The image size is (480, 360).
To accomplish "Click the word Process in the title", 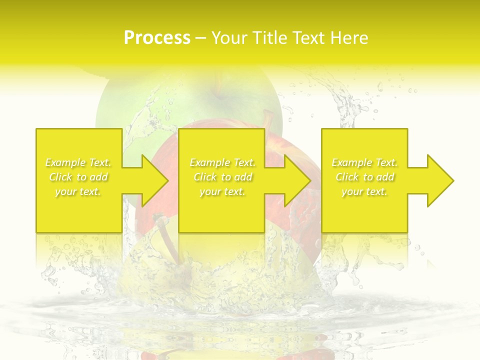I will (157, 38).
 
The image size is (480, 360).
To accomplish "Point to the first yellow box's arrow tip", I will (167, 180).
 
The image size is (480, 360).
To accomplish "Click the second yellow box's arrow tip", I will (309, 180).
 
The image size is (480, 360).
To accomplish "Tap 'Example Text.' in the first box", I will (78, 162).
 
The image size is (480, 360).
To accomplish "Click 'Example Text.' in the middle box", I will (222, 162).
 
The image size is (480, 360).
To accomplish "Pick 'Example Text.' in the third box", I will (364, 162).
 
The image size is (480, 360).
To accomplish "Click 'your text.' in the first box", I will (78, 191).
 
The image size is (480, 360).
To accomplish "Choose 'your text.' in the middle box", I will (222, 191).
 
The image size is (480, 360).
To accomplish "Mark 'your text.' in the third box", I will (364, 191).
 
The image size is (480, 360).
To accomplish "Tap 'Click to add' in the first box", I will (78, 177).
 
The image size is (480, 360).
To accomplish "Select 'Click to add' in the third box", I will (364, 177).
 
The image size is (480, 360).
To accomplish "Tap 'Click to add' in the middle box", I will (222, 177).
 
